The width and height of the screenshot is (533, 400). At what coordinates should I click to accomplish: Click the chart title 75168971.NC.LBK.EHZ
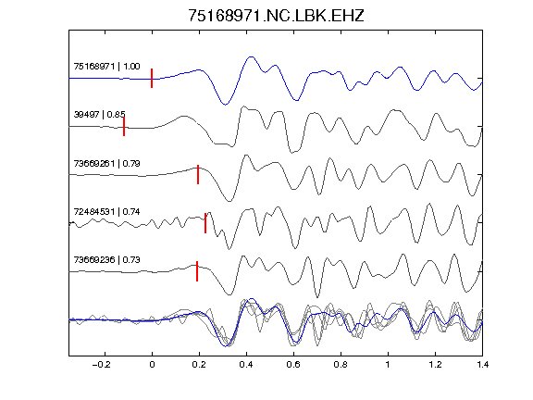(x=276, y=16)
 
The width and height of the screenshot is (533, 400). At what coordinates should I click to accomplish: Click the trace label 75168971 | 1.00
(x=106, y=67)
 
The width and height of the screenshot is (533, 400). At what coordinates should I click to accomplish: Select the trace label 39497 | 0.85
(x=99, y=115)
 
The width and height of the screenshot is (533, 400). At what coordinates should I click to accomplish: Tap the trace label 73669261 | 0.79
(x=106, y=164)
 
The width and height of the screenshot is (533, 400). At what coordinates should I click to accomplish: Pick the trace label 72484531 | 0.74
(x=106, y=212)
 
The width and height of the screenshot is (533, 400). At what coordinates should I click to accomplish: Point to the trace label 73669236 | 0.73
(x=106, y=260)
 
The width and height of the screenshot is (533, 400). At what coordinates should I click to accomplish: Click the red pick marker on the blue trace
(x=152, y=78)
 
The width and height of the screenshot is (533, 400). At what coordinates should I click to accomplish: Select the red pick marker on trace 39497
(x=124, y=127)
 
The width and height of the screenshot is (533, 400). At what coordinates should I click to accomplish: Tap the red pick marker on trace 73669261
(x=198, y=175)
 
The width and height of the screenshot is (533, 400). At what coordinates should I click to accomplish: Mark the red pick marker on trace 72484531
(x=205, y=223)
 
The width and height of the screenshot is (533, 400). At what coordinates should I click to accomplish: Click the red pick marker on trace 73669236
(x=197, y=271)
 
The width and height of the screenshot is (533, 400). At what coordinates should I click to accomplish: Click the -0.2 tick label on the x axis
(x=101, y=365)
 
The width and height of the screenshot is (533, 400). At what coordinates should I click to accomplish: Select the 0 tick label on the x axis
(x=152, y=365)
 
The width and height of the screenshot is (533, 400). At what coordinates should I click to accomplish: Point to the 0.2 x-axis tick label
(x=199, y=365)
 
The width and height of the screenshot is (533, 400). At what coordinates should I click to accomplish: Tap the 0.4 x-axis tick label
(x=246, y=365)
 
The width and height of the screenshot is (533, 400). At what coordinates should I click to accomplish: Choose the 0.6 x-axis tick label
(x=293, y=365)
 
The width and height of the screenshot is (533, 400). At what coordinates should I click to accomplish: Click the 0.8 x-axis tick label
(x=341, y=365)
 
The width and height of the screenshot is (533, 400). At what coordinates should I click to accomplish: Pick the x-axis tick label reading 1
(x=388, y=365)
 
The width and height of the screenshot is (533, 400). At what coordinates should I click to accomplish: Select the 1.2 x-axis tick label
(x=435, y=365)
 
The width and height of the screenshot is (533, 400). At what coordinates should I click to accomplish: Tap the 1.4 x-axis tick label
(x=482, y=365)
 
